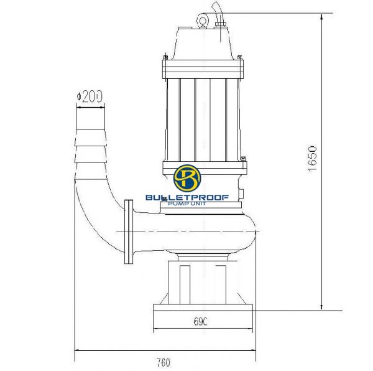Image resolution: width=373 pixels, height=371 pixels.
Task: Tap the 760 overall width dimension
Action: point(163,362)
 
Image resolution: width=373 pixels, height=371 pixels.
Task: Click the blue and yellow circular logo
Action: point(186,179)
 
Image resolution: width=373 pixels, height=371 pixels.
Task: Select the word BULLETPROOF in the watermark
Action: point(186,197)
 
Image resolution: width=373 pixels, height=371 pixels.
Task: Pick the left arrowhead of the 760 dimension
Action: point(77,352)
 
